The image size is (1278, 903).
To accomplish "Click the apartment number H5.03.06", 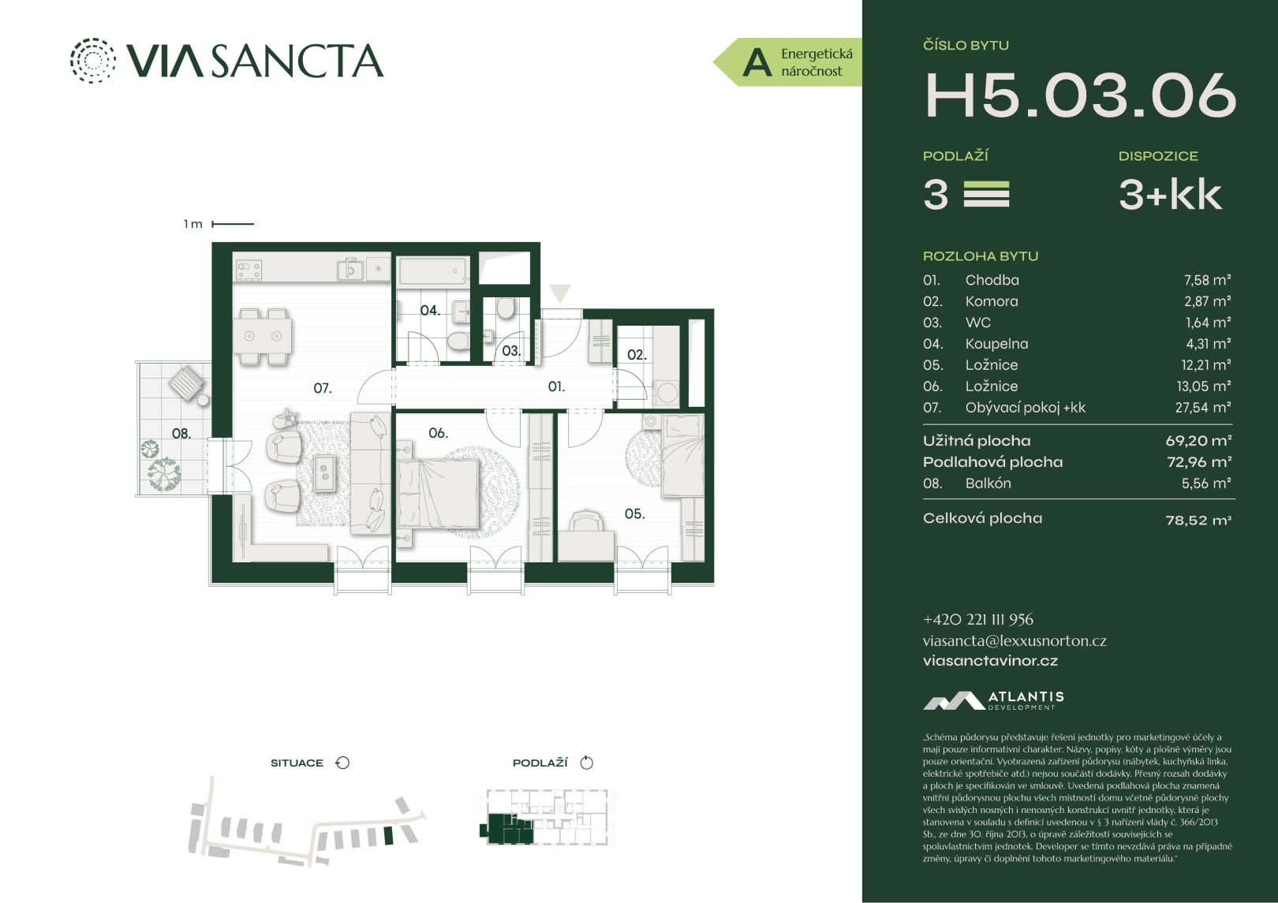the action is [1080, 96].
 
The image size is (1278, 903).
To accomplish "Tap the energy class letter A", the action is [757, 63].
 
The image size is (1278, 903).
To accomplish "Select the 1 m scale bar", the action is [233, 224].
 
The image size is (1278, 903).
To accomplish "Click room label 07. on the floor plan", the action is [323, 389].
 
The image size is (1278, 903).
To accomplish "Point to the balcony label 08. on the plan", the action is [181, 434].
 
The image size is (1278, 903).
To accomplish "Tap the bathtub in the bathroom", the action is [433, 271].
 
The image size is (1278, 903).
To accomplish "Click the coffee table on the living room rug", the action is [324, 472].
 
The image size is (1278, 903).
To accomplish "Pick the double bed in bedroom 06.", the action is [438, 491].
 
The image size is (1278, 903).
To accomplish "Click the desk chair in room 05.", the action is [586, 521].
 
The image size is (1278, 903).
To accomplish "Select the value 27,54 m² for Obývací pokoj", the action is [1203, 408].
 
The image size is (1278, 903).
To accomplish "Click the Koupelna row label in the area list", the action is [996, 344].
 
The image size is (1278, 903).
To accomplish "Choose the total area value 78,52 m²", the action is [1198, 520].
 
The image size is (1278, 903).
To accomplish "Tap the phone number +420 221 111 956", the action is [978, 620].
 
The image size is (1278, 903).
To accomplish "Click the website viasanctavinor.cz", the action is [990, 661].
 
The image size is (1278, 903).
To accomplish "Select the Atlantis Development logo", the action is [993, 701].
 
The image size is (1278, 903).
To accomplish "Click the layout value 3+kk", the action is [1170, 195].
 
